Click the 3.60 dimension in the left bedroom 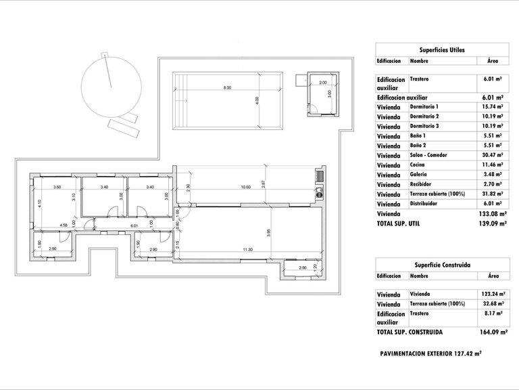click(57, 187)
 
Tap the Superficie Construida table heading click(442, 265)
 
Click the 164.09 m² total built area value click(493, 332)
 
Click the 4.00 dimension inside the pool click(257, 100)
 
